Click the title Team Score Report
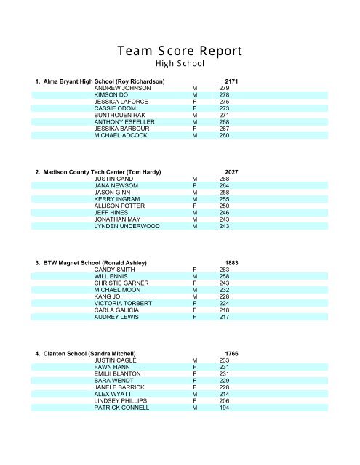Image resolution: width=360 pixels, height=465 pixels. pos(179,52)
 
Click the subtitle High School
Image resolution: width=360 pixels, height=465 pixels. pos(179,64)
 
